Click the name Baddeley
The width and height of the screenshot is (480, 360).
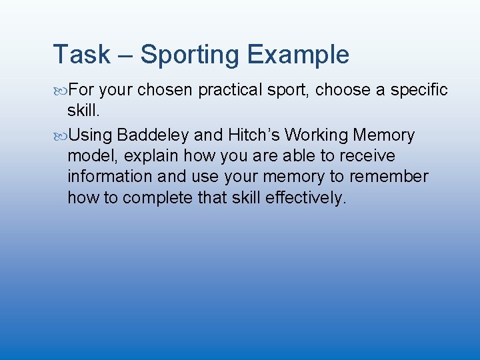pos(153,136)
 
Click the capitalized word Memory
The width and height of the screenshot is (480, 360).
pos(384,136)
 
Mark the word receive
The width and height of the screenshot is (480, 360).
pos(369,157)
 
